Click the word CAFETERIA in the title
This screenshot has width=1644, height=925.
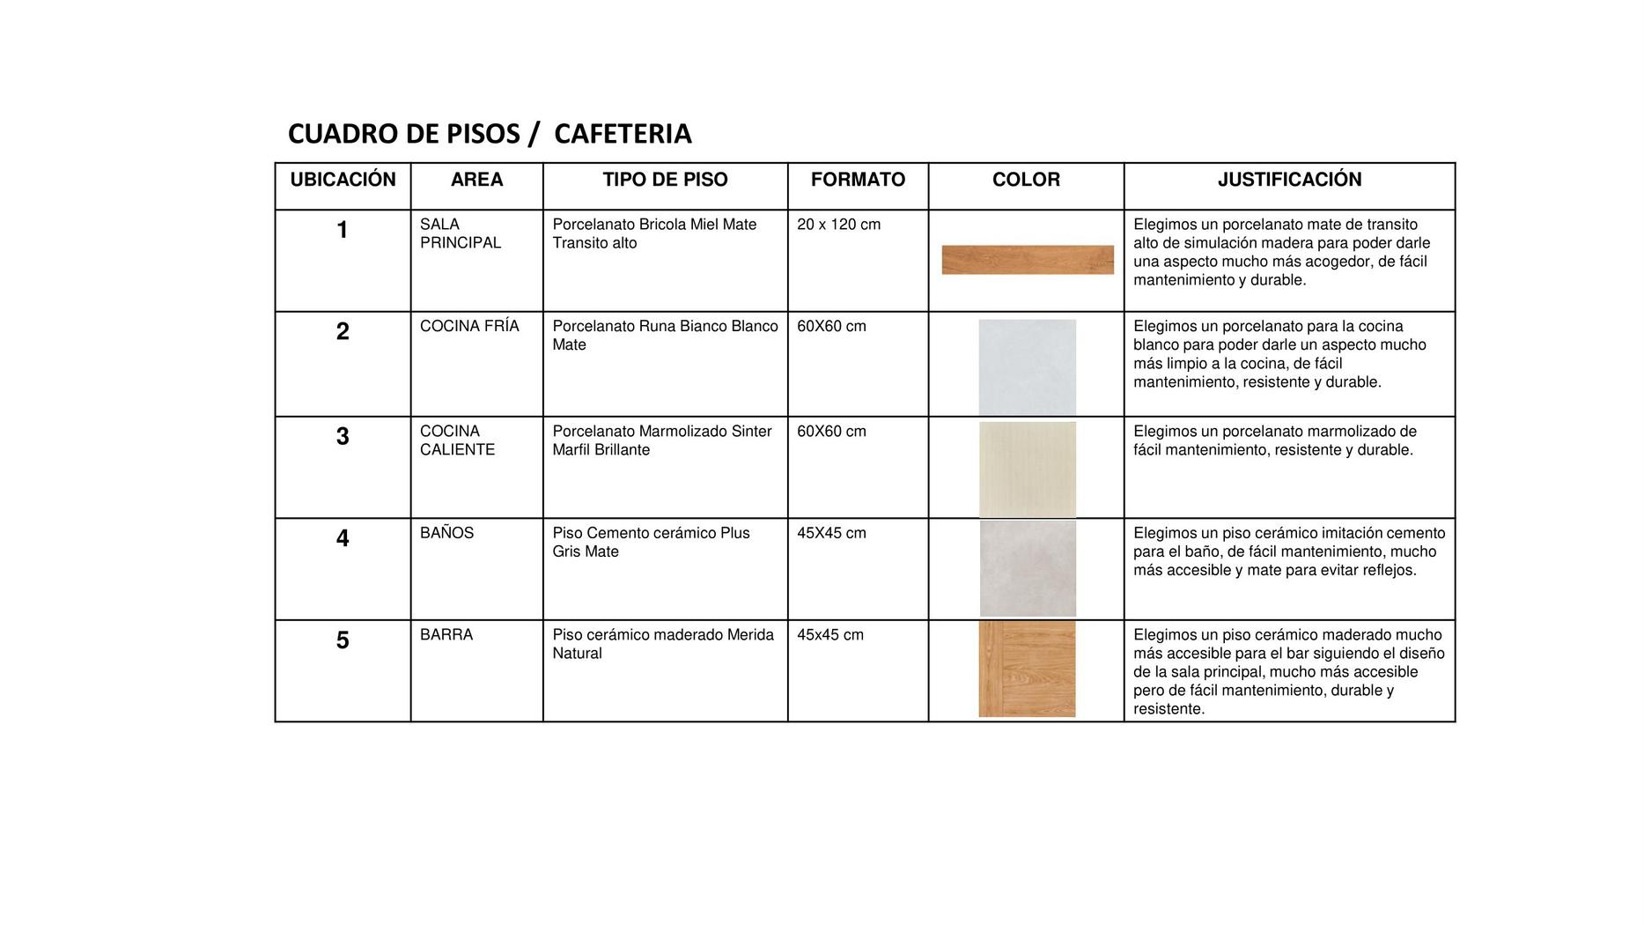point(623,134)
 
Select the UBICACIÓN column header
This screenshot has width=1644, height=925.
point(343,180)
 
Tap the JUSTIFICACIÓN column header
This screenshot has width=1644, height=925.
point(1289,180)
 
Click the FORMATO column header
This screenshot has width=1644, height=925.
point(858,180)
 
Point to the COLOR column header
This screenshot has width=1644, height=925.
point(1026,180)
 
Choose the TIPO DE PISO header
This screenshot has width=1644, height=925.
point(665,180)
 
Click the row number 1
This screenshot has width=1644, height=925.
point(343,230)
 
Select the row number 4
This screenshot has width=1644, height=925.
point(343,538)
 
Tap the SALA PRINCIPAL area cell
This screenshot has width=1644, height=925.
point(460,233)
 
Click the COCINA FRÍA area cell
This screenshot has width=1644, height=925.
point(469,326)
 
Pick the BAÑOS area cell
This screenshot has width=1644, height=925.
point(446,533)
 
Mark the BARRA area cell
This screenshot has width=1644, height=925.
point(446,634)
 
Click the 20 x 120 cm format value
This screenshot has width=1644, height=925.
point(838,225)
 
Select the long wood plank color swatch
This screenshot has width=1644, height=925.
point(1028,260)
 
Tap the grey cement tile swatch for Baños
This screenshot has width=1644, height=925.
point(1028,568)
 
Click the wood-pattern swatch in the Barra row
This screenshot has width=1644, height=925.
point(1027,669)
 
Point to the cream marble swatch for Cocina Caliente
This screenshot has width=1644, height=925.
point(1028,469)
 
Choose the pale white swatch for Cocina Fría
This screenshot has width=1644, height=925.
point(1027,366)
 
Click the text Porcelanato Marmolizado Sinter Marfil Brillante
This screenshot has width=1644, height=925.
point(661,440)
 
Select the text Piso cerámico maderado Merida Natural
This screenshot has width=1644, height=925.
point(662,644)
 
